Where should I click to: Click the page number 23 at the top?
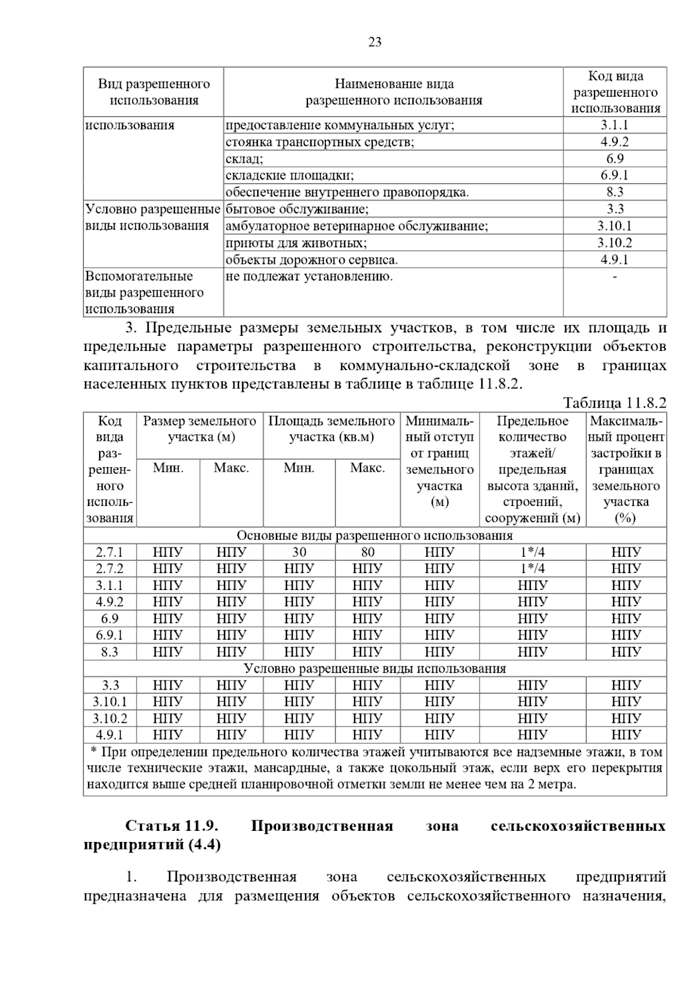pos(375,42)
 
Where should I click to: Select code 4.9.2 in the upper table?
pos(614,142)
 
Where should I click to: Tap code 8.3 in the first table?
pos(614,192)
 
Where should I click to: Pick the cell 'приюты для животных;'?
pos(296,243)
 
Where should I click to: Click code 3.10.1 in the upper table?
pos(614,226)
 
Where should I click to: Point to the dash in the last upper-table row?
pos(614,276)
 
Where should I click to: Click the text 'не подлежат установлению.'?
pos(309,276)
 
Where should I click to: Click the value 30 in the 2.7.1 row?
pos(299,552)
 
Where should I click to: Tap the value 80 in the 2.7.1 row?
pos(367,552)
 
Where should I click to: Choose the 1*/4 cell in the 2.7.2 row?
pos(532,568)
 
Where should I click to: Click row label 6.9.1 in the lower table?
pos(110,635)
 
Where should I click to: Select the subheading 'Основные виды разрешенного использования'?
pos(374,535)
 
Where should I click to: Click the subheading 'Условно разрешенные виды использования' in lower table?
pos(374,669)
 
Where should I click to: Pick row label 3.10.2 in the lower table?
pos(110,718)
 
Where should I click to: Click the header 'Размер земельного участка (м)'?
pos(199,429)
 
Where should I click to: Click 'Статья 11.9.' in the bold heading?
pos(171,826)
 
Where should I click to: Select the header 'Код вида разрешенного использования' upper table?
pos(615,92)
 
